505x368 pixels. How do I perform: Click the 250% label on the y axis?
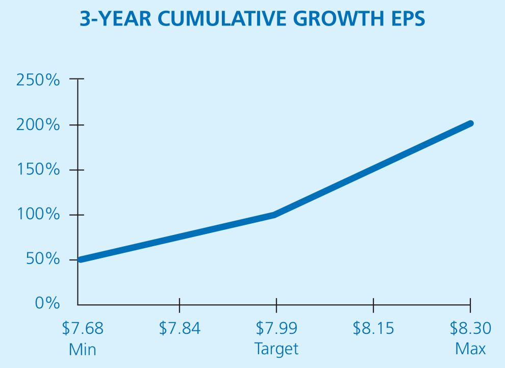click(x=38, y=80)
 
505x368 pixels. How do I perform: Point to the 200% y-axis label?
click(x=38, y=125)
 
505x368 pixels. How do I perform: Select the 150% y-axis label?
click(x=38, y=170)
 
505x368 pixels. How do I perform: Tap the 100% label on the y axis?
click(x=38, y=215)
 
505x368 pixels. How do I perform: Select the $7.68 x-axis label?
click(x=82, y=328)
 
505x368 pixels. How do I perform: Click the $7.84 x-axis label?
click(x=180, y=328)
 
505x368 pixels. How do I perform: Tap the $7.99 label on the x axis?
click(x=276, y=328)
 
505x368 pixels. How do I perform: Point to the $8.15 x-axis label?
click(x=373, y=328)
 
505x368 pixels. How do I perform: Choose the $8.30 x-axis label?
click(x=470, y=328)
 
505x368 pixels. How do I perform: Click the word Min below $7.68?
click(x=82, y=350)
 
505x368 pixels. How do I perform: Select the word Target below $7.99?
click(x=276, y=350)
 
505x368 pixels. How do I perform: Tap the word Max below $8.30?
click(x=470, y=350)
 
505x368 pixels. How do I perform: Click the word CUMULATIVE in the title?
click(x=224, y=19)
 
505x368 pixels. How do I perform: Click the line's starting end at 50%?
click(x=80, y=259)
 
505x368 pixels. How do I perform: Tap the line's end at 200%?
click(x=470, y=124)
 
